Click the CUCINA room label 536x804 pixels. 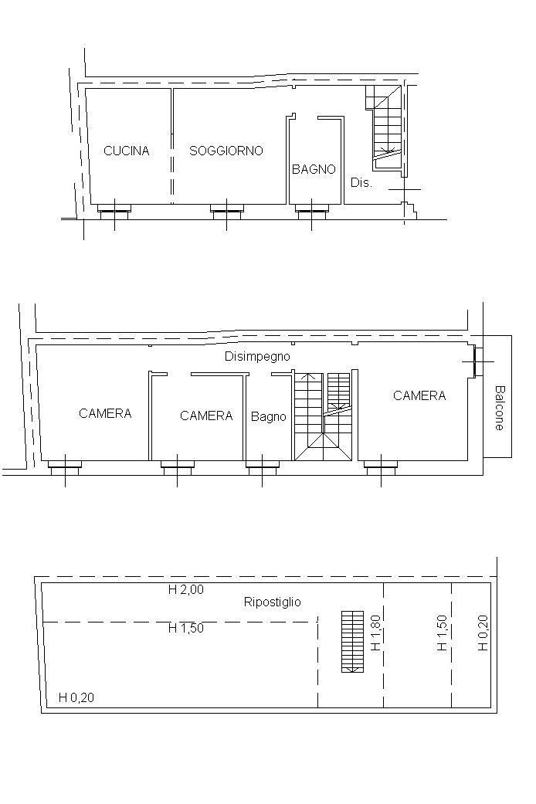(x=126, y=151)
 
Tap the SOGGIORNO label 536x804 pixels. (x=226, y=151)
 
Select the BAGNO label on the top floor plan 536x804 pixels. (x=314, y=169)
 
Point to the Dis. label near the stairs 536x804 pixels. (x=361, y=182)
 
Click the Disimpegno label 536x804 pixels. (x=257, y=356)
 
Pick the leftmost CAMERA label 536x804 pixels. (x=105, y=413)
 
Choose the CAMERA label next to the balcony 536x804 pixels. (x=419, y=395)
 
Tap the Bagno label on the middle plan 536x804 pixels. (x=268, y=417)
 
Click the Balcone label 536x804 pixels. (x=499, y=408)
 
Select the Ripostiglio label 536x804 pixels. (x=273, y=602)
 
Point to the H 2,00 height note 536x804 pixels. (x=185, y=589)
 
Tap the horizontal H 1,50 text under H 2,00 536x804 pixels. (x=185, y=628)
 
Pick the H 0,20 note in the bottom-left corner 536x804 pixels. (x=76, y=697)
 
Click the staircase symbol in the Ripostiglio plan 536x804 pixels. (x=352, y=642)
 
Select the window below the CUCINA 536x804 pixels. (x=114, y=209)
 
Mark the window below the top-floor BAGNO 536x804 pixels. (x=311, y=209)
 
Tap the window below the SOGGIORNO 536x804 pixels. (x=226, y=209)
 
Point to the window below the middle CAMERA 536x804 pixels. (x=178, y=466)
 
